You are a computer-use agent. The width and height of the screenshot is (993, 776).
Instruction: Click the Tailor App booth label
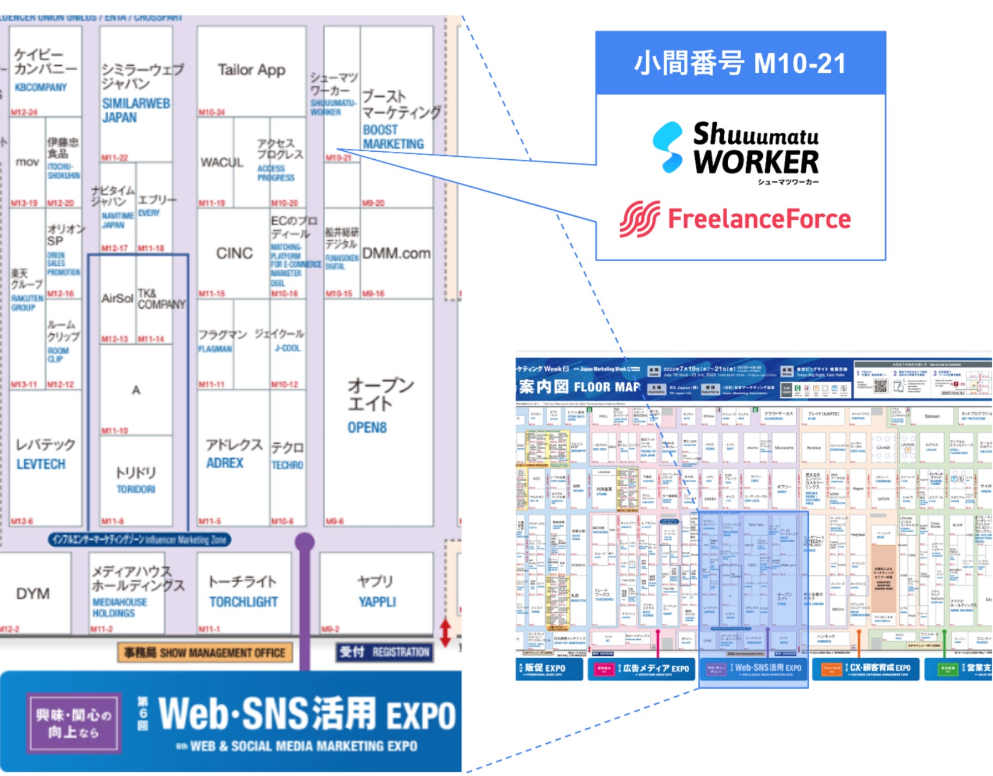(251, 70)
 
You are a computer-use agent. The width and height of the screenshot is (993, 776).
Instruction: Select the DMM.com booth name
(396, 253)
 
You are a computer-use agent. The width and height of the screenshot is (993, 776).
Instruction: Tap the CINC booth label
(234, 253)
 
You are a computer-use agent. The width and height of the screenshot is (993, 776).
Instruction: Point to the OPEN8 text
(367, 428)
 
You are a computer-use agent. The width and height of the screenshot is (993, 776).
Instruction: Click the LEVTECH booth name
(41, 464)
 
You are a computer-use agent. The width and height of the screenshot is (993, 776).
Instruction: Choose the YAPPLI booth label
(377, 602)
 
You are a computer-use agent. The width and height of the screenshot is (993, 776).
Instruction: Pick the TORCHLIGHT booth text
(243, 602)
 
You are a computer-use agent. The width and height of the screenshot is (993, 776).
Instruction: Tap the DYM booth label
(33, 594)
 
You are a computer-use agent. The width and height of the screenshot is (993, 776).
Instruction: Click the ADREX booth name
(225, 463)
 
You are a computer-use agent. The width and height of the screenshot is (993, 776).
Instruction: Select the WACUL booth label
(222, 163)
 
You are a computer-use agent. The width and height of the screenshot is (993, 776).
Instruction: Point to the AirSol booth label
(117, 298)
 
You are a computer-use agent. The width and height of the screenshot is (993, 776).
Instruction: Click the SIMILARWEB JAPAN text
(136, 110)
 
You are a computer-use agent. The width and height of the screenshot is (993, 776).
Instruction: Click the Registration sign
(384, 652)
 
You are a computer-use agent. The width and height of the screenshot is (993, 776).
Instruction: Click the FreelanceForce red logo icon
(640, 219)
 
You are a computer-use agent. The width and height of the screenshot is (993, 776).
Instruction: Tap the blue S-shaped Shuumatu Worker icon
(669, 147)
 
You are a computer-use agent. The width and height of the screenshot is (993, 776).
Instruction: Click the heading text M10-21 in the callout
(800, 63)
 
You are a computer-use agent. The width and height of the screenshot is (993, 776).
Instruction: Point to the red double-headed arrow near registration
(445, 632)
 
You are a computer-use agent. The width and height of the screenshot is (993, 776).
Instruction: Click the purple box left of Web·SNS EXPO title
(73, 723)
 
